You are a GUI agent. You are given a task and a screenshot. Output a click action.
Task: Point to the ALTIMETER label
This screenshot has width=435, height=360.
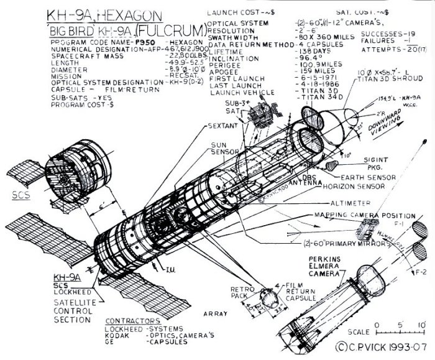pyautogui.click(x=346, y=202)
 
